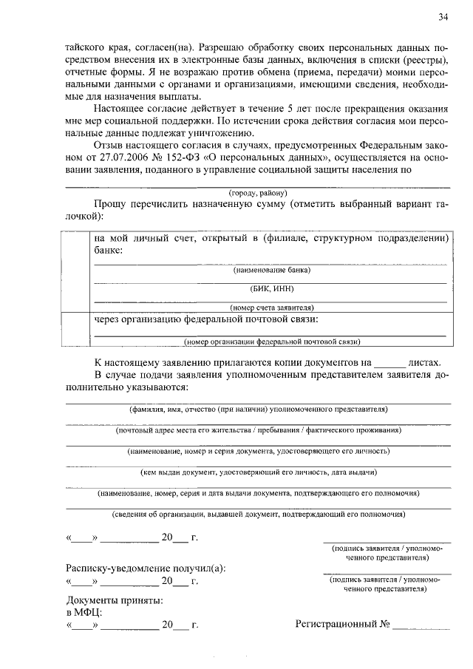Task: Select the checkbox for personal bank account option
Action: tap(75, 271)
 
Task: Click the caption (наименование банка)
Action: tap(270, 271)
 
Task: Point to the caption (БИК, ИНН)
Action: tap(270, 289)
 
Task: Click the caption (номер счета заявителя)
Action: tap(272, 308)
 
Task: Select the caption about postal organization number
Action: tap(272, 342)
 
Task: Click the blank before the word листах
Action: tap(389, 363)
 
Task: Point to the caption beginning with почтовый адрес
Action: tap(259, 429)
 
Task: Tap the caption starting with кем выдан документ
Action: tap(259, 471)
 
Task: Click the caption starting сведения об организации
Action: tap(258, 514)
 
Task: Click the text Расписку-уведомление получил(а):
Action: tap(146, 568)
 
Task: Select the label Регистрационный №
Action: tap(342, 625)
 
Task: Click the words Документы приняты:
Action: tap(115, 600)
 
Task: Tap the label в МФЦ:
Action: tap(84, 612)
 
